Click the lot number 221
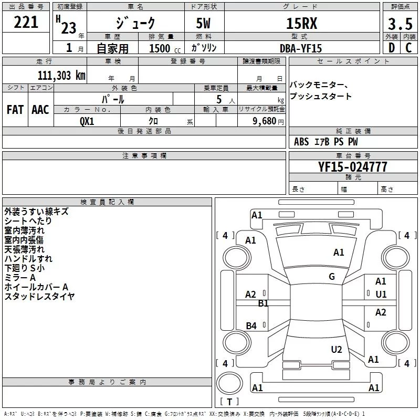click(26, 22)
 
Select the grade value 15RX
click(301, 24)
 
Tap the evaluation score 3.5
click(400, 24)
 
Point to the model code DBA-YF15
click(301, 48)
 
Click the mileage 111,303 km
click(61, 75)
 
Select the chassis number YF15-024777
click(353, 167)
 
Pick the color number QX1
click(87, 121)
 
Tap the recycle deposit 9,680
click(265, 121)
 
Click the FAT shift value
click(15, 110)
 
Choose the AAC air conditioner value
click(40, 110)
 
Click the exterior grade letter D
click(391, 48)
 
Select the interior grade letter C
click(408, 48)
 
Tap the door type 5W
click(205, 24)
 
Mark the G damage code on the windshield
click(331, 277)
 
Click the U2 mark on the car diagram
click(337, 350)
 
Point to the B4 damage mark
click(251, 326)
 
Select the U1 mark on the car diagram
click(381, 295)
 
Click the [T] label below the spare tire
click(229, 402)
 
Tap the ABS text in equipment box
click(301, 142)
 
